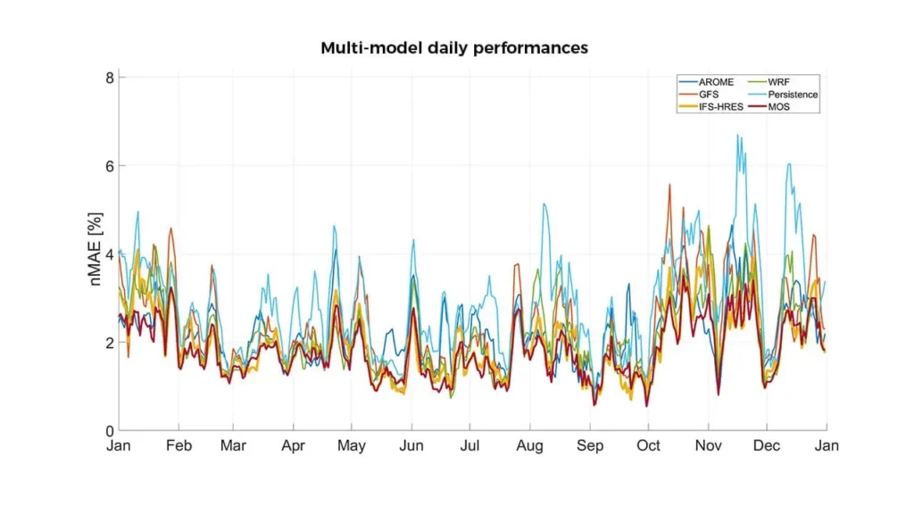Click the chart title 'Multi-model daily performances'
454,48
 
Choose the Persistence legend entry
793,94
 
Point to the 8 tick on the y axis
109,78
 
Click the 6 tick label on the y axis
109,166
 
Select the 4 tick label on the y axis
109,254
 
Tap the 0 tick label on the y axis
109,431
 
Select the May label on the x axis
352,445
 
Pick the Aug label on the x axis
530,445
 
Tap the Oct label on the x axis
649,445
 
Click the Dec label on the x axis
767,445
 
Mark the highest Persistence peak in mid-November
737,135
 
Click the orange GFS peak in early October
669,185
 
